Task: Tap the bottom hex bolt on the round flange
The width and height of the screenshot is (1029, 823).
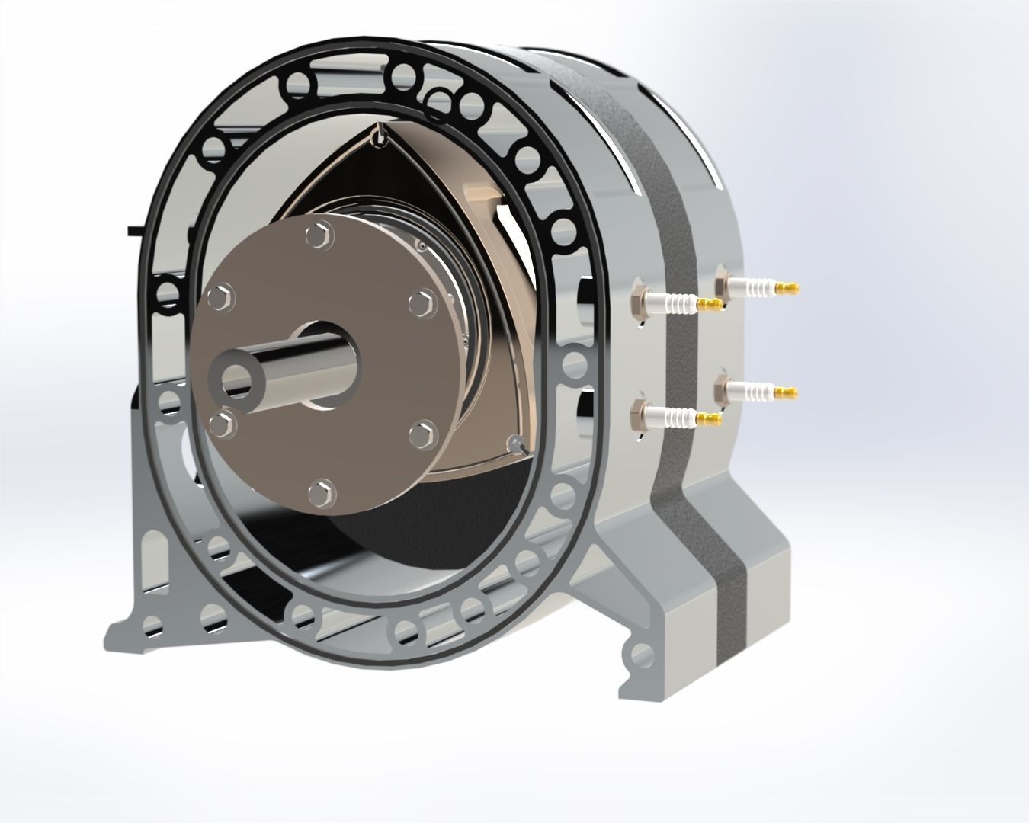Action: click(x=322, y=492)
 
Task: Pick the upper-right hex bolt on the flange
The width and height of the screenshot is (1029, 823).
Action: click(x=420, y=303)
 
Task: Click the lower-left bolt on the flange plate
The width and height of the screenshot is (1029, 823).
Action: click(x=220, y=425)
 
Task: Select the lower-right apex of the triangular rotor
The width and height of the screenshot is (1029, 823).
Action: click(x=515, y=444)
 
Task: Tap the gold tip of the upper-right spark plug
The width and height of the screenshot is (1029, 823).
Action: click(x=789, y=288)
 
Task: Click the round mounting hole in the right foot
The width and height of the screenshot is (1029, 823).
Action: click(x=642, y=653)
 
